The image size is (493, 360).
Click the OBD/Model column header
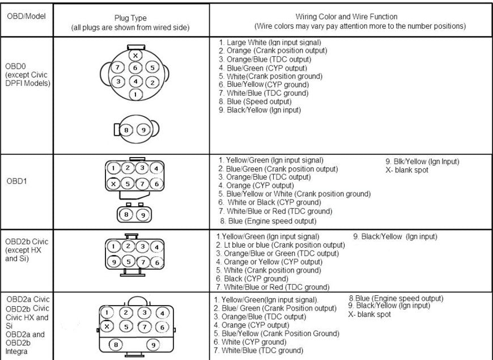coord(26,16)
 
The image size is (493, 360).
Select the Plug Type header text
coord(130,18)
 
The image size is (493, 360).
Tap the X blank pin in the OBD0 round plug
coord(135,56)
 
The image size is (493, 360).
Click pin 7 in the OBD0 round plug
coord(118,67)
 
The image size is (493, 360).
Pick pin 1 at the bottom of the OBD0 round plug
coord(135,94)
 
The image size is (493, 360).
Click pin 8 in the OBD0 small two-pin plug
coord(126,130)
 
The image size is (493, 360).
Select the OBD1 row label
coord(16,181)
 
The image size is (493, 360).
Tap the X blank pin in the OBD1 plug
coord(113,184)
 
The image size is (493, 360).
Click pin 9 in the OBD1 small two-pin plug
coord(143,215)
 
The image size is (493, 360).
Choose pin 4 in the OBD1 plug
coord(156,168)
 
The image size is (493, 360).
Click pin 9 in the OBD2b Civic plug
coord(114,262)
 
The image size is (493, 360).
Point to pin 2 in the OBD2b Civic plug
coord(128,246)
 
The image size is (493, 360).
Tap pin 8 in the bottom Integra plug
coord(116,345)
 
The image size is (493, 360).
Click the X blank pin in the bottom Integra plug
coord(107,327)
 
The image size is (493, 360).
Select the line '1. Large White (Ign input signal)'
coord(270,43)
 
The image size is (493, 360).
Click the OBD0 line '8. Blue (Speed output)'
coord(255,101)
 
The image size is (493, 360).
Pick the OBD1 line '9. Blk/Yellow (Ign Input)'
coord(422,162)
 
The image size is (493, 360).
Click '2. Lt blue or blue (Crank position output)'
coord(280,245)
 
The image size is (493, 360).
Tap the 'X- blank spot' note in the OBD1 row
coord(407,170)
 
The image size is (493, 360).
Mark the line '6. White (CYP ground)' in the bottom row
coord(250,342)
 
